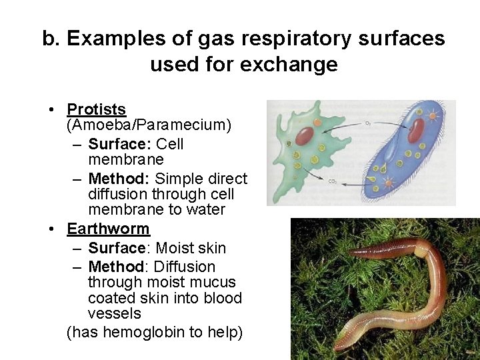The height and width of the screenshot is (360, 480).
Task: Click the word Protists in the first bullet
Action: coord(96,109)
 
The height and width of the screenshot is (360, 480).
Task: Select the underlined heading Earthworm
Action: coord(108,229)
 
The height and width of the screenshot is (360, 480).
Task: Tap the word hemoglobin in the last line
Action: coord(137,332)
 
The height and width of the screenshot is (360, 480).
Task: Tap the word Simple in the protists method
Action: coord(178,179)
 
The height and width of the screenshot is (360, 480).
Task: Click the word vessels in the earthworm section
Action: coord(115,313)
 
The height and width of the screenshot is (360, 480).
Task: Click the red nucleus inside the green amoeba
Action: coord(304,136)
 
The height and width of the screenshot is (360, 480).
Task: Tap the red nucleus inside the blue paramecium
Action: coord(415,131)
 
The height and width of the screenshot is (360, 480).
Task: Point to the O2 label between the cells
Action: coord(368,123)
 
